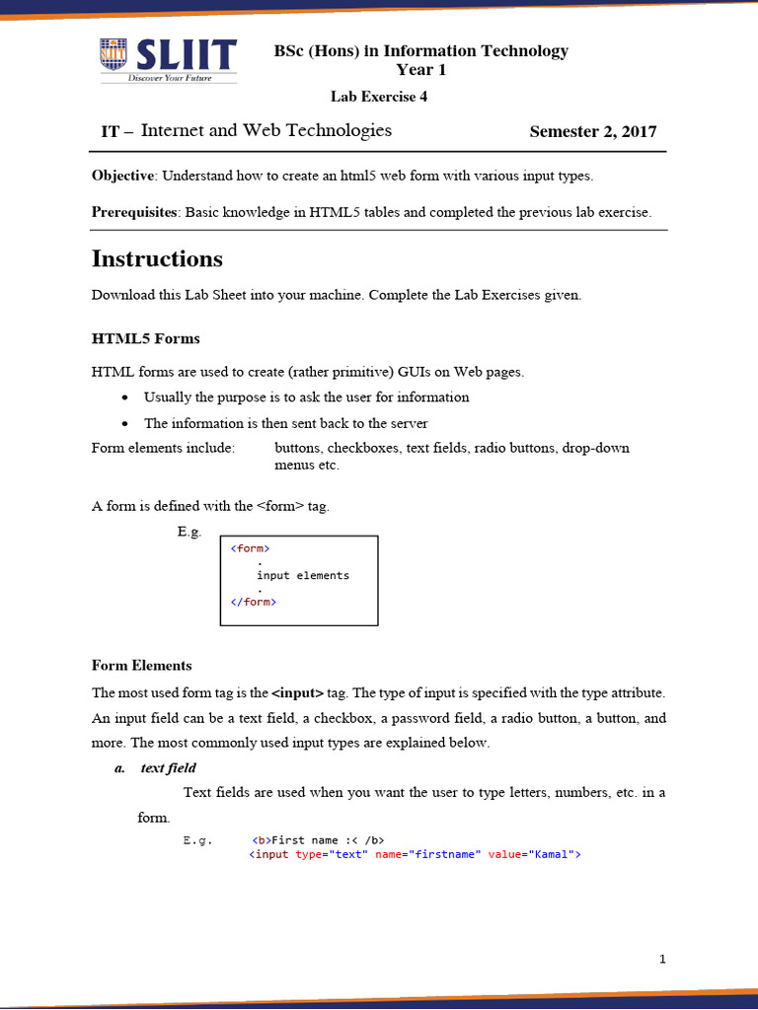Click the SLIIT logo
point(168,61)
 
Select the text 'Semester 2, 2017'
point(592,132)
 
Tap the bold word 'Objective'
point(123,176)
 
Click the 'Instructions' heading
point(157,259)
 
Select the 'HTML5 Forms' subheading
point(145,338)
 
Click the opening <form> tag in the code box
point(250,548)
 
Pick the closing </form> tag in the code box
point(253,602)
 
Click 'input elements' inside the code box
point(303,575)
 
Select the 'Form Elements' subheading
point(141,665)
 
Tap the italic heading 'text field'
point(168,767)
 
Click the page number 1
point(663,958)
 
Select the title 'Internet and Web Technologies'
point(266,130)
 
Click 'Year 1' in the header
point(420,69)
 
